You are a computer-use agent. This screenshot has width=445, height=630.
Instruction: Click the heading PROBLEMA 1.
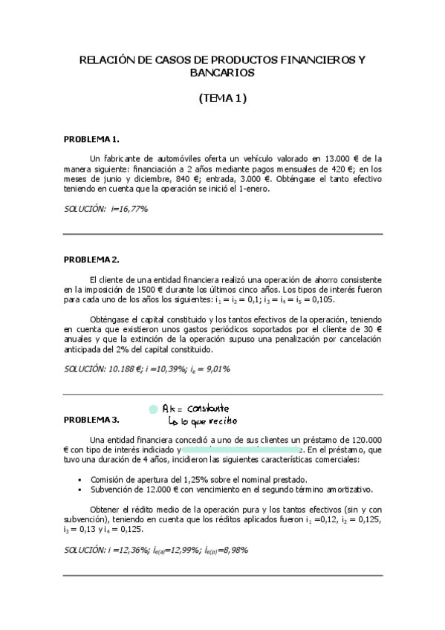pos(91,139)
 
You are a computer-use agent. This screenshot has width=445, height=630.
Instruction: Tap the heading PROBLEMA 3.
pos(91,420)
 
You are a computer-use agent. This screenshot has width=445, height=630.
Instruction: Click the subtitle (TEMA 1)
pos(222,97)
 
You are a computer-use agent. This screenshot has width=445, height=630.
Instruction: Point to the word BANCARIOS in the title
pos(222,73)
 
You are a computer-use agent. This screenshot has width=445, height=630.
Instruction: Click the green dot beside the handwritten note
pos(153,409)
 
